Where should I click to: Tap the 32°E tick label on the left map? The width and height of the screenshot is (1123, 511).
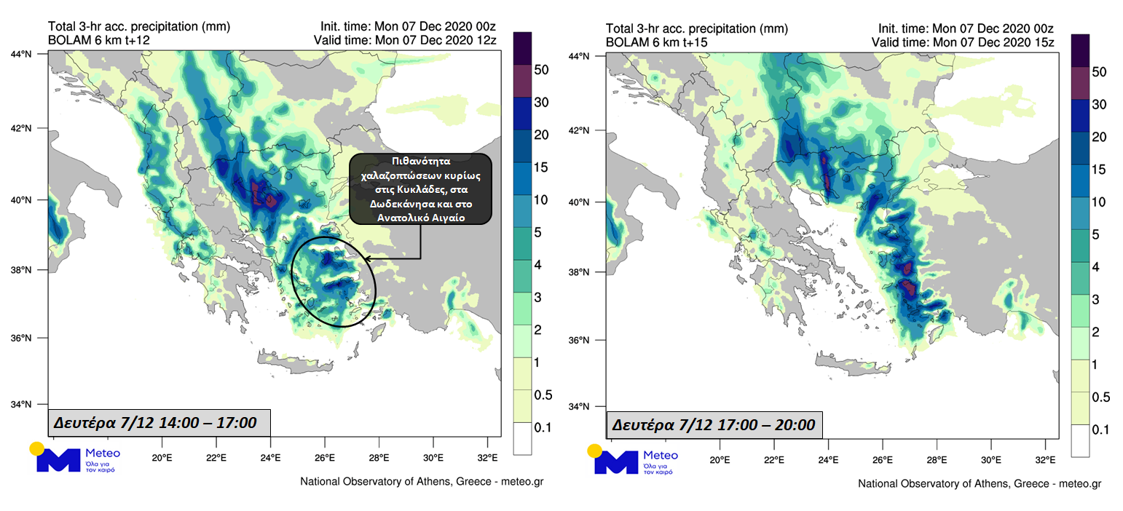[x=487, y=458]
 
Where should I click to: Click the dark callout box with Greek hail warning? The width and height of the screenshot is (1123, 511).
[x=420, y=189]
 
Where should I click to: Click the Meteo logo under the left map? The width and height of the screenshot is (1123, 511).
[x=73, y=458]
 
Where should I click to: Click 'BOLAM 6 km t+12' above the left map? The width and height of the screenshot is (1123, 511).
[x=99, y=40]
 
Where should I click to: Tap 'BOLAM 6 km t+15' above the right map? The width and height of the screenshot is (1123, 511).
[x=657, y=42]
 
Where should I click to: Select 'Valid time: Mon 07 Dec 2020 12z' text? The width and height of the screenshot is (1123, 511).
[x=405, y=40]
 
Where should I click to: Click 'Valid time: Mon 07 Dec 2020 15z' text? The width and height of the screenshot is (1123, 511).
[x=963, y=42]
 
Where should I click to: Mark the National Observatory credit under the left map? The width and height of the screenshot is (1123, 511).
[x=421, y=482]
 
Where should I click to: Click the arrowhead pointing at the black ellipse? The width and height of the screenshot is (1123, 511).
[x=366, y=258]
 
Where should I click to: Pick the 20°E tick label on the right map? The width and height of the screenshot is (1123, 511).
[x=720, y=460]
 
